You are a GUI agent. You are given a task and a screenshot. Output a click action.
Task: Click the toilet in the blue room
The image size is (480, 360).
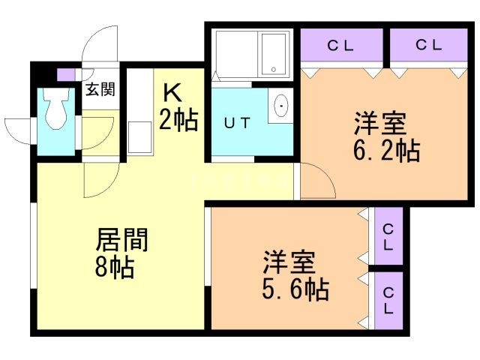(56, 108)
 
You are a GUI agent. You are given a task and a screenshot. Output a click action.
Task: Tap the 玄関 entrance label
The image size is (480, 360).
(100, 89)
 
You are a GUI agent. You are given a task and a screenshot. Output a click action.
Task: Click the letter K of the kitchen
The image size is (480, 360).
(172, 93)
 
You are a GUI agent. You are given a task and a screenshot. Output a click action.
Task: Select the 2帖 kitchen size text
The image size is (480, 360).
(178, 120)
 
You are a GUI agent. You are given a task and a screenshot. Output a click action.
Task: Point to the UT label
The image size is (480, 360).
(237, 123)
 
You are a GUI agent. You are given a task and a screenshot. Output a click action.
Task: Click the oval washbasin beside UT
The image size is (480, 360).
(281, 106)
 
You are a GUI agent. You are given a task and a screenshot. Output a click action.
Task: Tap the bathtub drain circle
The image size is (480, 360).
(274, 70)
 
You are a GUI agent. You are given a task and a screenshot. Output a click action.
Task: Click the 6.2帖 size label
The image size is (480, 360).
(387, 150)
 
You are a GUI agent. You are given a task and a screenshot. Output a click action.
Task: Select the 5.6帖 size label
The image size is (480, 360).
(295, 289)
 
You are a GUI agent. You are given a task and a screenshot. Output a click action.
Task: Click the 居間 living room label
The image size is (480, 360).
(121, 240)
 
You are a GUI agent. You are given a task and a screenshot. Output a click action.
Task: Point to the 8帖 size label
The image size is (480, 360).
(115, 267)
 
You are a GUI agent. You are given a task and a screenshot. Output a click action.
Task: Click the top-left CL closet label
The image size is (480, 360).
(340, 46)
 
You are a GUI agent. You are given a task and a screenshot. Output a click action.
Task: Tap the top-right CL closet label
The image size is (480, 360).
(428, 45)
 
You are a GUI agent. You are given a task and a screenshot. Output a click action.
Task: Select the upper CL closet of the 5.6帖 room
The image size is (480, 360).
(388, 236)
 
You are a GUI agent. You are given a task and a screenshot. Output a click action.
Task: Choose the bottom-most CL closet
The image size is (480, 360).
(388, 301)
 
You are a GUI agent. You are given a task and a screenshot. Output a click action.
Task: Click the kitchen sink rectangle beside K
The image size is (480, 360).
(140, 137)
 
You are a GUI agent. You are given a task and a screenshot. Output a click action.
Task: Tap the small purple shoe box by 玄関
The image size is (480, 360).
(66, 75)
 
